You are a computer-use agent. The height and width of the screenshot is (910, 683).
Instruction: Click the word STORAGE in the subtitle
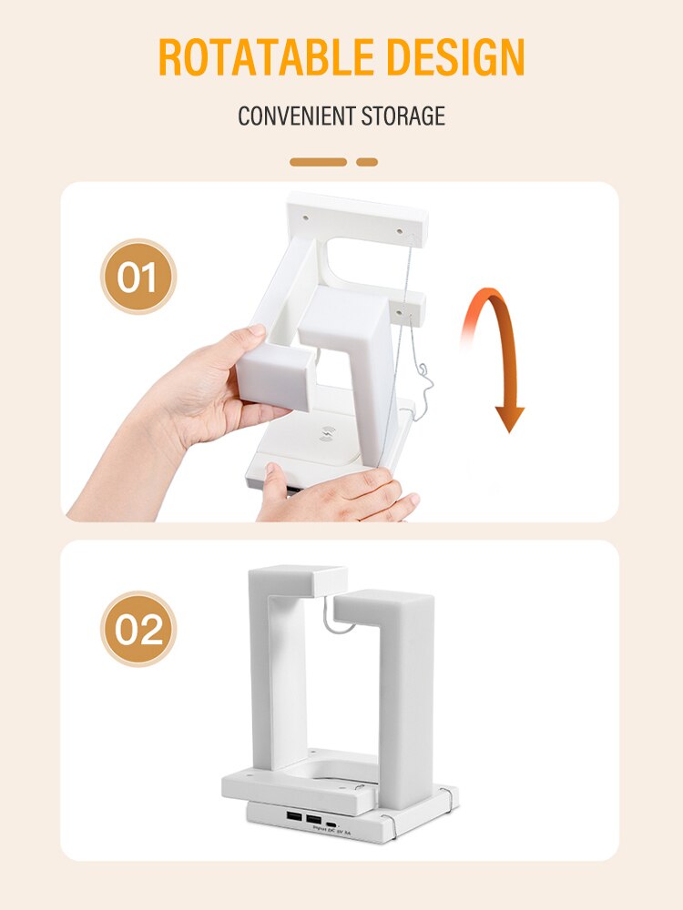403,116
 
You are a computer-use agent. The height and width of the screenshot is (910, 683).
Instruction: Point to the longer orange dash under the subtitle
319,162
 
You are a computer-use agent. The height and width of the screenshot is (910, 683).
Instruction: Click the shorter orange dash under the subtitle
367,162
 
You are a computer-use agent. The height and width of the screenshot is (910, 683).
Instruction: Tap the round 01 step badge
138,277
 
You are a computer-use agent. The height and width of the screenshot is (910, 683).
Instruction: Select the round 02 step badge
138,629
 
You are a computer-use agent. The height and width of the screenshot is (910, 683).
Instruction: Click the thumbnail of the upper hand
257,333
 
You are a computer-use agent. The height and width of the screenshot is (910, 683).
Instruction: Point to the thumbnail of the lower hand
272,473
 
